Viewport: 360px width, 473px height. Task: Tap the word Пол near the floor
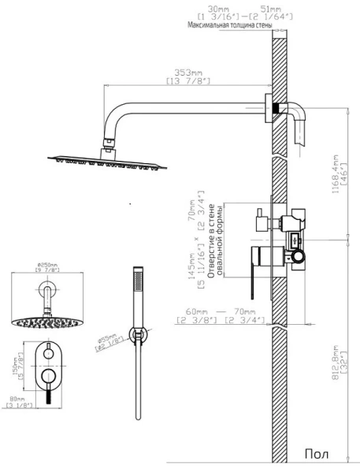(317, 454)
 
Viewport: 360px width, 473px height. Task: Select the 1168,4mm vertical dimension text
(336, 174)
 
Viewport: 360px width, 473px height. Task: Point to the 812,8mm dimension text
(336, 366)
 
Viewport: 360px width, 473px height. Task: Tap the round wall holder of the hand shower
(139, 337)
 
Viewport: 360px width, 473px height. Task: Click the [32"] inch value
(345, 366)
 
